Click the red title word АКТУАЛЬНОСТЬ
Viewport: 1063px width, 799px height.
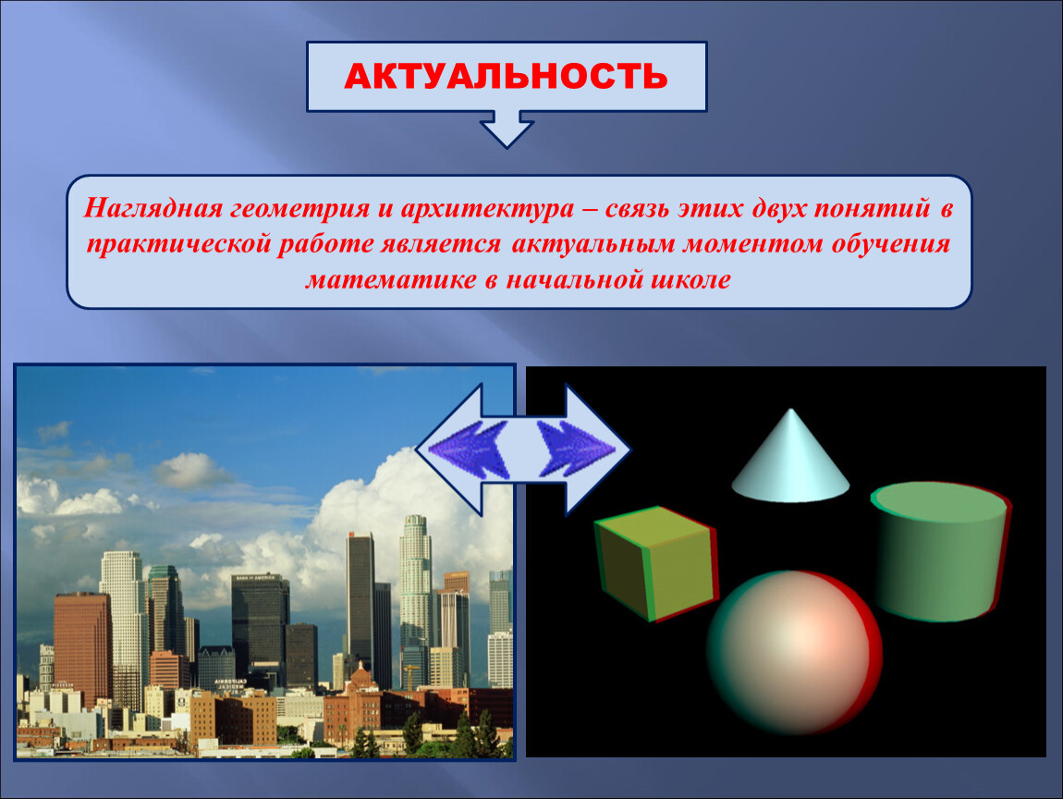tap(506, 76)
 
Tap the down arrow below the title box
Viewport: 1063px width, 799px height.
tap(507, 129)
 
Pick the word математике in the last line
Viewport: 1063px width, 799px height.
tap(391, 279)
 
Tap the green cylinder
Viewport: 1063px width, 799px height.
tap(940, 551)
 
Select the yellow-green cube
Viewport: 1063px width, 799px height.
tap(655, 563)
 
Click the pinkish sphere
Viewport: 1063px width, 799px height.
tap(794, 653)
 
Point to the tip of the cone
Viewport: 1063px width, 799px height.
tap(790, 409)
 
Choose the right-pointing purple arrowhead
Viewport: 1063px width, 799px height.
tap(576, 449)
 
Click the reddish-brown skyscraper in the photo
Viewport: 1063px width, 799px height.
tap(82, 647)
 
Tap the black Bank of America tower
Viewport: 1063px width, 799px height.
tap(260, 627)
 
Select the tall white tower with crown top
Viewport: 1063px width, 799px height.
tap(415, 584)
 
